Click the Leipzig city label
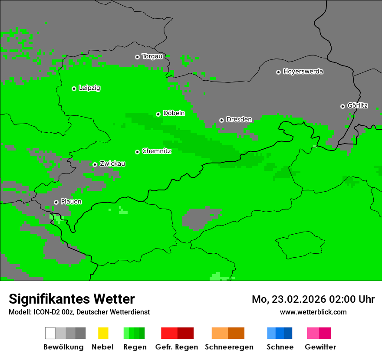(89, 88)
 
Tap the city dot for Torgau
(137, 57)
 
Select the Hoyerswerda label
(303, 72)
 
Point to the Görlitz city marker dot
(342, 106)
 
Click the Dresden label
(239, 119)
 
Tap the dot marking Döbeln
(158, 114)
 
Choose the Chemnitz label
(156, 151)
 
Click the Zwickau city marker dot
(95, 164)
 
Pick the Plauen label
(71, 202)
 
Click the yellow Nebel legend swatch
(103, 333)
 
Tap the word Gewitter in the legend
(320, 347)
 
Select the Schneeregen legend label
(229, 347)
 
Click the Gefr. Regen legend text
(176, 347)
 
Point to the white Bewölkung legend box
(50, 333)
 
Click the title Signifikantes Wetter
(72, 299)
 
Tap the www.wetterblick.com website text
(313, 312)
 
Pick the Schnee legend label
(280, 347)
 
